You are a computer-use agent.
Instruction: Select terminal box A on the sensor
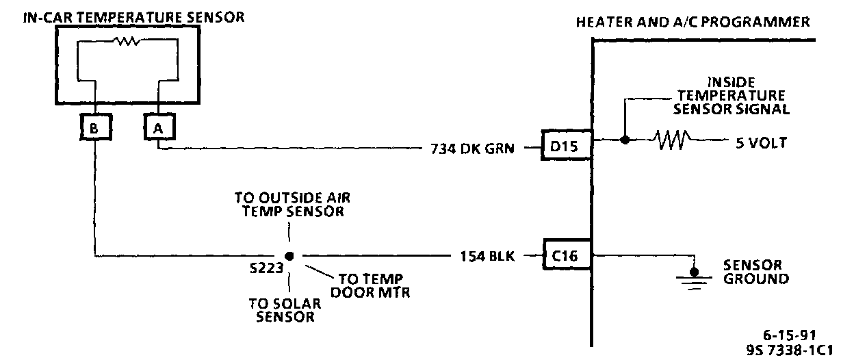(x=157, y=127)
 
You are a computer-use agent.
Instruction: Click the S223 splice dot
(x=289, y=257)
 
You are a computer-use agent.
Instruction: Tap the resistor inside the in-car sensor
(x=126, y=41)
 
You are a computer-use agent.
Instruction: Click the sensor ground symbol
(x=695, y=274)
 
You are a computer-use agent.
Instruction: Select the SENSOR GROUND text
(x=756, y=272)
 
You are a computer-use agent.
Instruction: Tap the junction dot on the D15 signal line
(x=624, y=140)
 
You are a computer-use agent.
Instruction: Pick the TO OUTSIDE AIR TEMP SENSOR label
(x=288, y=204)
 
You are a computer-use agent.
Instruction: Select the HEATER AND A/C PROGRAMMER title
(x=693, y=22)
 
